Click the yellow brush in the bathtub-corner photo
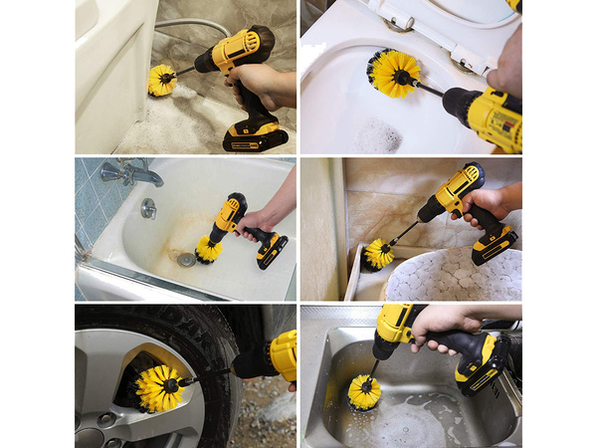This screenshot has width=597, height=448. [162, 80]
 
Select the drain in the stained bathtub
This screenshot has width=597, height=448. [186, 259]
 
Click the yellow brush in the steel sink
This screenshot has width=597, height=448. [364, 391]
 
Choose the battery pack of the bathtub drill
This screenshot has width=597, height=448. [271, 250]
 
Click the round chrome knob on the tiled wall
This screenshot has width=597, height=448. [148, 208]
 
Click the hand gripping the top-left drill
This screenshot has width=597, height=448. [261, 86]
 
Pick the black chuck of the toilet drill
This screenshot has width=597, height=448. [461, 100]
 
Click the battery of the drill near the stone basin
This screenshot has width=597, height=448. [495, 244]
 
